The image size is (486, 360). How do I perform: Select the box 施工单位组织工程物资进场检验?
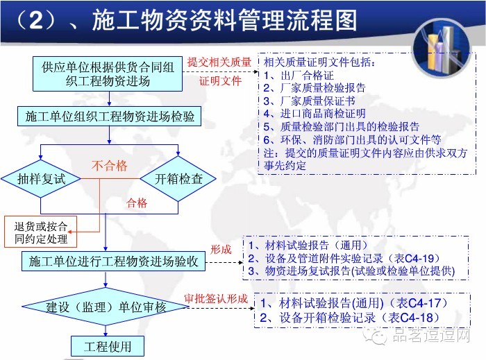pyautogui.click(x=109, y=117)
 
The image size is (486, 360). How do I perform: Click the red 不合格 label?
pyautogui.click(x=110, y=166)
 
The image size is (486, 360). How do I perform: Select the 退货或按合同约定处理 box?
pyautogui.click(x=41, y=232)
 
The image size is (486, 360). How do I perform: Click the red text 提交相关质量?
pyautogui.click(x=220, y=63)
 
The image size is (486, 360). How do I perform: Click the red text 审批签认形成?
pyautogui.click(x=216, y=298)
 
